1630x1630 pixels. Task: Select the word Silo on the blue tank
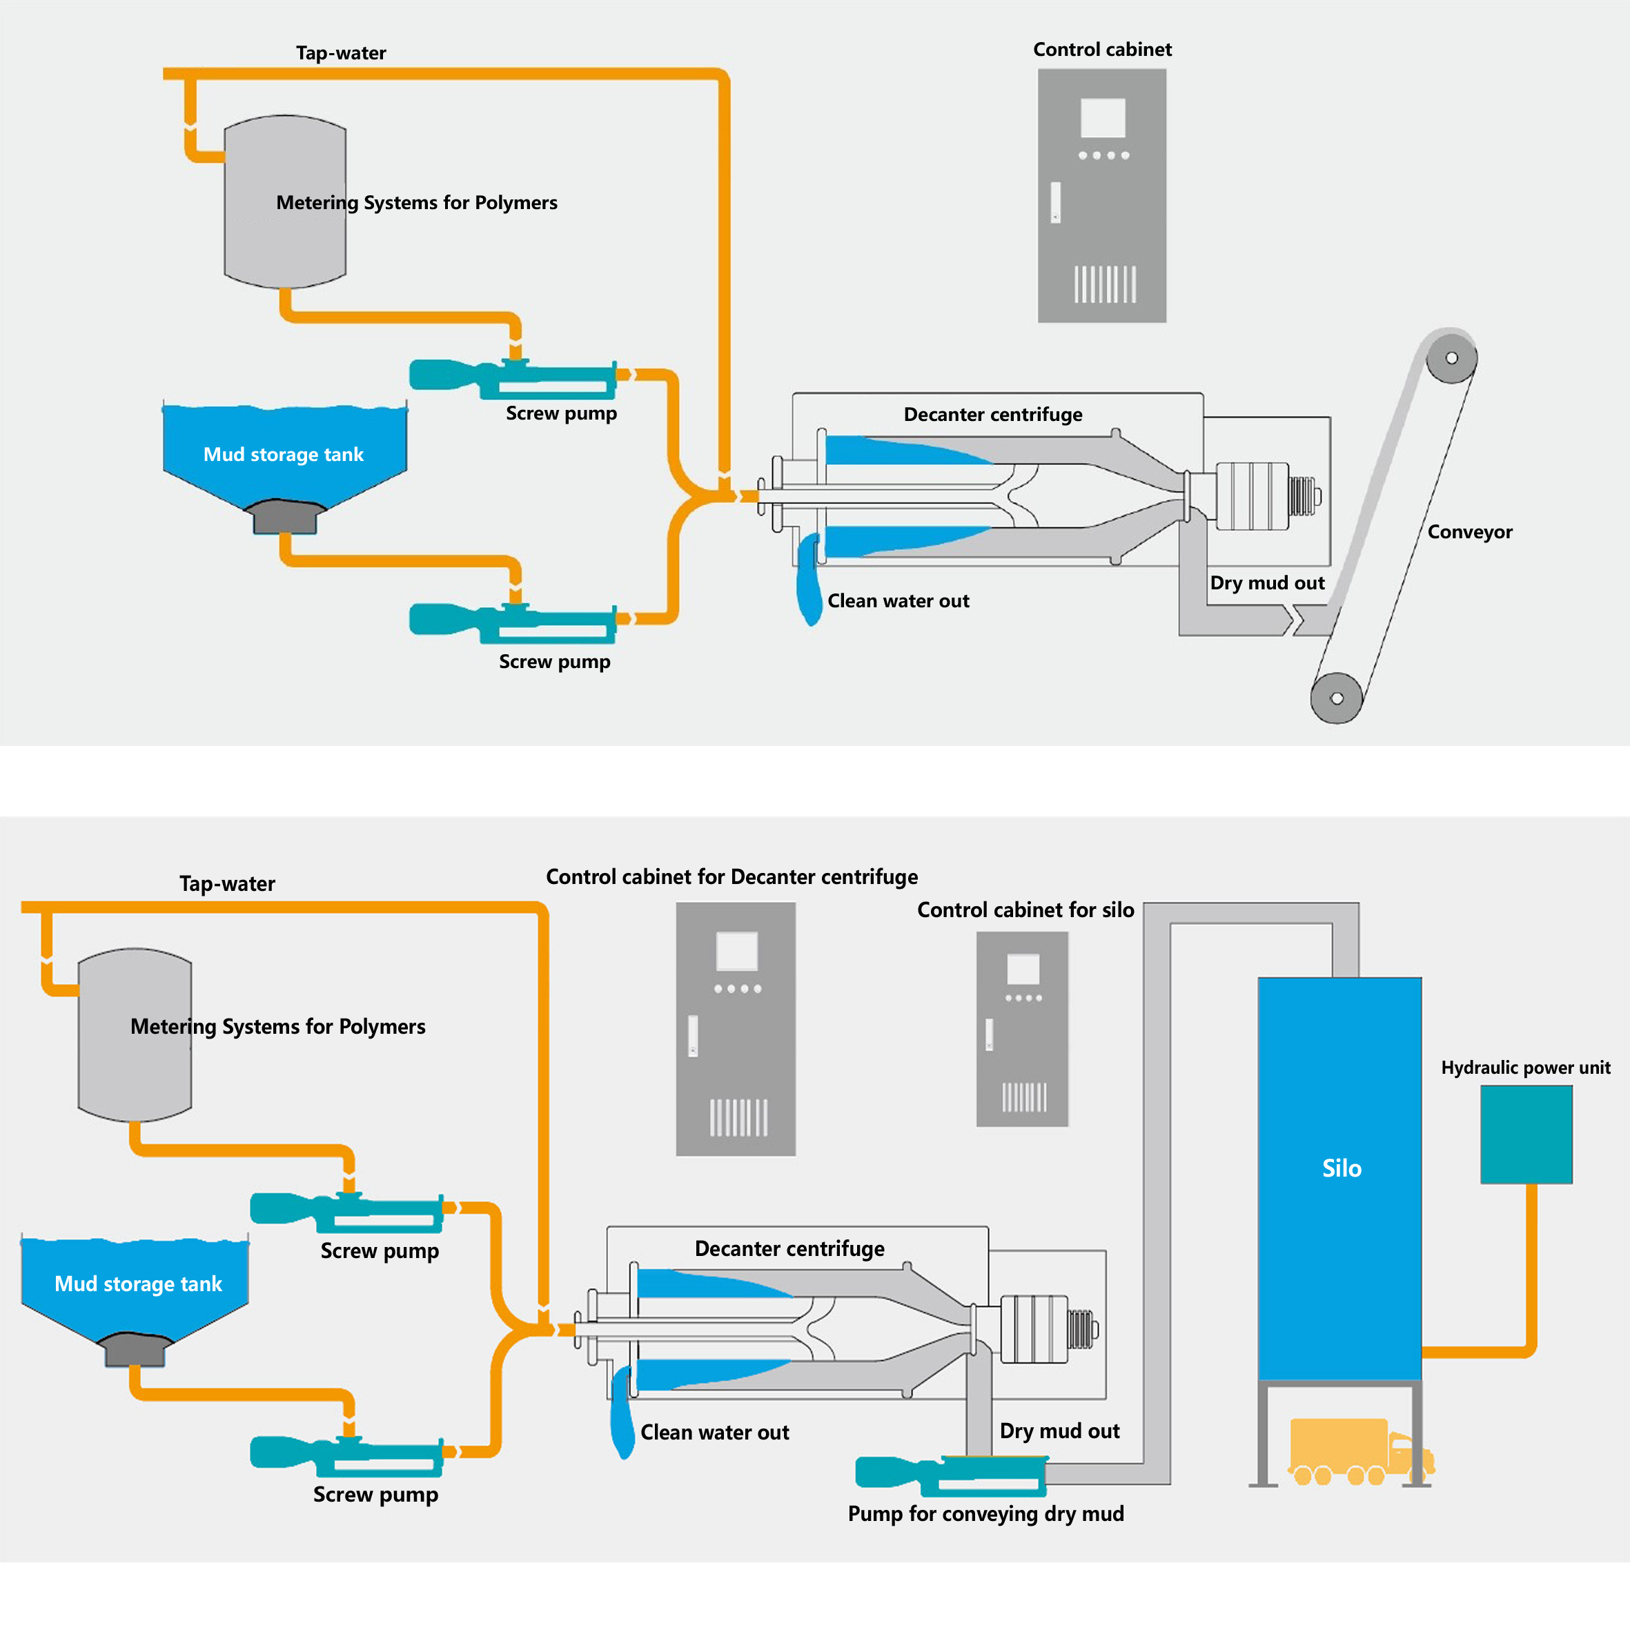coord(1342,1168)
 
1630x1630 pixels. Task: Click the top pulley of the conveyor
coord(1451,357)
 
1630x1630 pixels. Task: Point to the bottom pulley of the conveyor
coord(1337,698)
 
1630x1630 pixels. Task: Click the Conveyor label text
coord(1470,532)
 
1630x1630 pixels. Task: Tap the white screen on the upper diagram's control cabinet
coord(1103,118)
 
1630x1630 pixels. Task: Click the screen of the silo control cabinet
coord(1023,970)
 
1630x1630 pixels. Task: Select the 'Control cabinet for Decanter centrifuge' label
coord(731,877)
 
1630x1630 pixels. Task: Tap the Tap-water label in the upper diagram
coord(341,53)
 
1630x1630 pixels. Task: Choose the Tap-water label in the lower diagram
coord(227,884)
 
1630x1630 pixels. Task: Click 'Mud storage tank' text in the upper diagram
coord(284,455)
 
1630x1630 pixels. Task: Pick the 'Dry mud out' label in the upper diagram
coord(1267,583)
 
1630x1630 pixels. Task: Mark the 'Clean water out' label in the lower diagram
coord(715,1433)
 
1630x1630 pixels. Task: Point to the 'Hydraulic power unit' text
coord(1525,1068)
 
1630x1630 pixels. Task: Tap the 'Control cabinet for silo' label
coord(1025,910)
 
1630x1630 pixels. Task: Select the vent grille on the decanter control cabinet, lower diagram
coord(738,1118)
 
